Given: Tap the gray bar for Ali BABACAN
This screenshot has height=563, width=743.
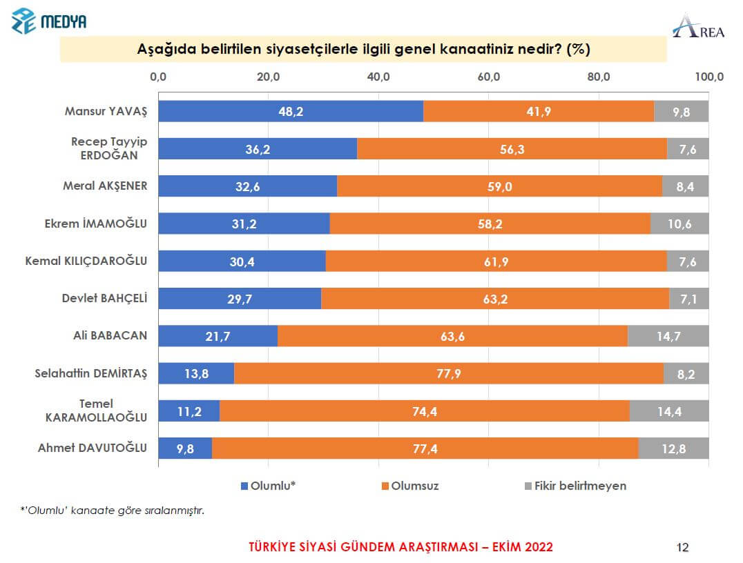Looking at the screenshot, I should click(668, 336).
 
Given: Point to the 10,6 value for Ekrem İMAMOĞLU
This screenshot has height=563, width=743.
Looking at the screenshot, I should click(679, 224).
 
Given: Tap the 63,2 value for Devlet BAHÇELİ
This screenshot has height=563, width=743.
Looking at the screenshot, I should click(494, 298).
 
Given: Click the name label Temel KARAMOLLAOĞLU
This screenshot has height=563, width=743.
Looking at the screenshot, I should click(96, 411).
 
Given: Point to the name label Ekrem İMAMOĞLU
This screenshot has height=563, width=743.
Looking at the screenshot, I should click(102, 223).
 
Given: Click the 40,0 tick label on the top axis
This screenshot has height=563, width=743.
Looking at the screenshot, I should click(378, 77).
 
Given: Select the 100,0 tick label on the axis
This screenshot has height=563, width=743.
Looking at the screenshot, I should click(708, 77).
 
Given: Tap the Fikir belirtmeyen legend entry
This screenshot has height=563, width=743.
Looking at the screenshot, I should click(573, 486).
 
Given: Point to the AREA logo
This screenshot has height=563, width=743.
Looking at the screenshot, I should click(698, 26).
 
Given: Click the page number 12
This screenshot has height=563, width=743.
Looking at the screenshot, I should click(682, 548).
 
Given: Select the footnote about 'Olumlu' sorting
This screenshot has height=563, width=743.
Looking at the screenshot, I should click(113, 511).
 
